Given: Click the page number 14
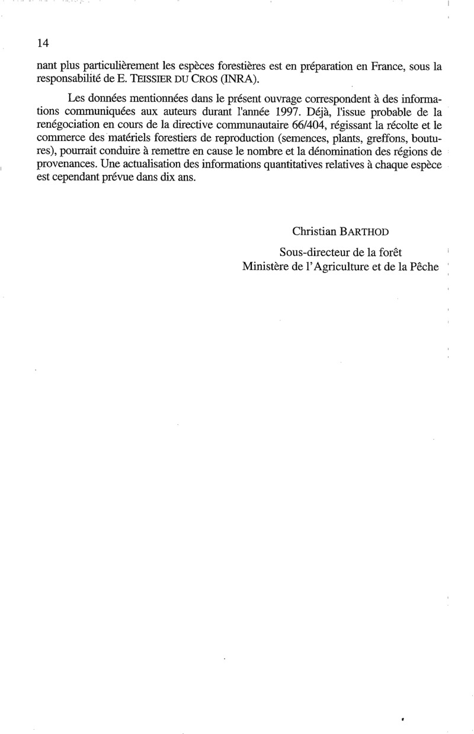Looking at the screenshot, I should (42, 43).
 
